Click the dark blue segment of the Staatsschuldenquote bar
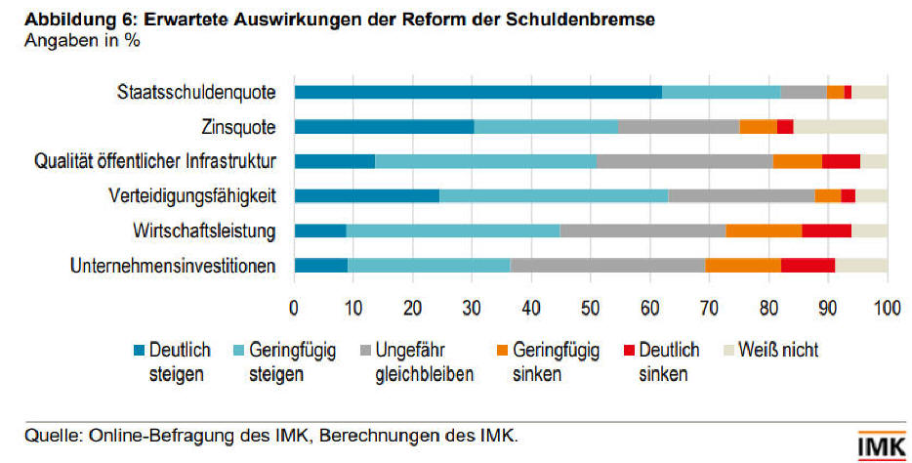tap(477, 92)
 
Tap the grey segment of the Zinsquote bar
tap(678, 126)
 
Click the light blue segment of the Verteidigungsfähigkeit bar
tap(553, 195)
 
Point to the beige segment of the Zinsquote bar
tap(840, 126)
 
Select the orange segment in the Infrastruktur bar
tap(797, 161)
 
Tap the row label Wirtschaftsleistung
tap(204, 231)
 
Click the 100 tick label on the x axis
tap(887, 308)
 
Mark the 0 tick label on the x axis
tap(294, 308)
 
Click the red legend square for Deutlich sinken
tap(629, 351)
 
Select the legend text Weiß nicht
tap(779, 350)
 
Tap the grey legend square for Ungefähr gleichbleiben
tap(364, 351)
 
